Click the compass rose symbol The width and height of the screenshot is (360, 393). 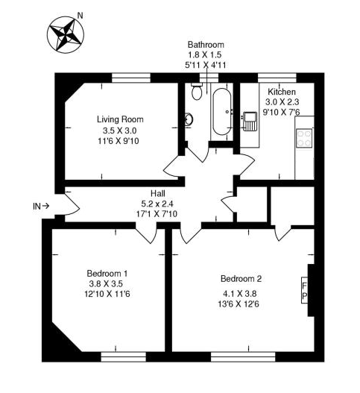pyautogui.click(x=66, y=34)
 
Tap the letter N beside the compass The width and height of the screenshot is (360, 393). pyautogui.click(x=80, y=16)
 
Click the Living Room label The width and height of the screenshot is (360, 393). pyautogui.click(x=120, y=119)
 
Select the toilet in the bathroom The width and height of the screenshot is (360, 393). pyautogui.click(x=197, y=91)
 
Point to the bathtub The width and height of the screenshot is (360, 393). pyautogui.click(x=221, y=111)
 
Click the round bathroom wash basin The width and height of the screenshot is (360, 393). pyautogui.click(x=189, y=119)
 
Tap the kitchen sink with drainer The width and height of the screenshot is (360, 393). pyautogui.click(x=250, y=122)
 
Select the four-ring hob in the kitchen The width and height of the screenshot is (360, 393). pyautogui.click(x=304, y=139)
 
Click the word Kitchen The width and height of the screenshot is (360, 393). pyautogui.click(x=282, y=92)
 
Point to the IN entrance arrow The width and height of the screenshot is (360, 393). pyautogui.click(x=45, y=206)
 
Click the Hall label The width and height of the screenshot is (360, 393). pyautogui.click(x=158, y=193)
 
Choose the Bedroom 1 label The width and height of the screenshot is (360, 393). pyautogui.click(x=107, y=273)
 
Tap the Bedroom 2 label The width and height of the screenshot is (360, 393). pyautogui.click(x=241, y=278)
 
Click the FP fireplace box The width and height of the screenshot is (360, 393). pyautogui.click(x=304, y=290)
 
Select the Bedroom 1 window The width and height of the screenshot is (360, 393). pyautogui.click(x=123, y=357)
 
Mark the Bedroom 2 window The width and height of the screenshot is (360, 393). pyautogui.click(x=243, y=357)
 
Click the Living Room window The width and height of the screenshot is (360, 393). pyautogui.click(x=131, y=78)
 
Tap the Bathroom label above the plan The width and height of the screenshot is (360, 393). pyautogui.click(x=206, y=45)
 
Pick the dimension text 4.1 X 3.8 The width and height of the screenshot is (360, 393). pyautogui.click(x=239, y=293)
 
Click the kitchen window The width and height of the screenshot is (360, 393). pyautogui.click(x=277, y=78)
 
